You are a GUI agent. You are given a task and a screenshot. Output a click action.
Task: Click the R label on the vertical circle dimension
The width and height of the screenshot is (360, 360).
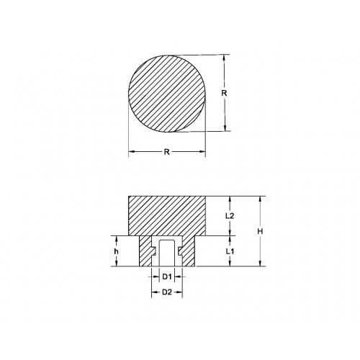224,93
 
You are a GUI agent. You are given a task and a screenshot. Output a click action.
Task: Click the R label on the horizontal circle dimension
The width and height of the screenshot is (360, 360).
167,152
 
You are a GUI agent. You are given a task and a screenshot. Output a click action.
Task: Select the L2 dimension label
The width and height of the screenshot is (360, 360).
228,215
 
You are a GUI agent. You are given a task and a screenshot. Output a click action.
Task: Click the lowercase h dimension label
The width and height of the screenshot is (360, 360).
116,251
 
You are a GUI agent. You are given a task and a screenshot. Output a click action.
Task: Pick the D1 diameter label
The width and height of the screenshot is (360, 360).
166,276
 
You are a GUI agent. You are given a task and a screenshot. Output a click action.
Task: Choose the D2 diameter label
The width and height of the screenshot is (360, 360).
166,292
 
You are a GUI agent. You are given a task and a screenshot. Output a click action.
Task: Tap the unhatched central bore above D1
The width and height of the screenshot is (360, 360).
166,252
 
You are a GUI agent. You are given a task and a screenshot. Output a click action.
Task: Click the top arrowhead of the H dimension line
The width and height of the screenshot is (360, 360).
258,199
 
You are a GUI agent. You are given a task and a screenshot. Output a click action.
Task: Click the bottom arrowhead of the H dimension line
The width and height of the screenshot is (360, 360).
258,265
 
